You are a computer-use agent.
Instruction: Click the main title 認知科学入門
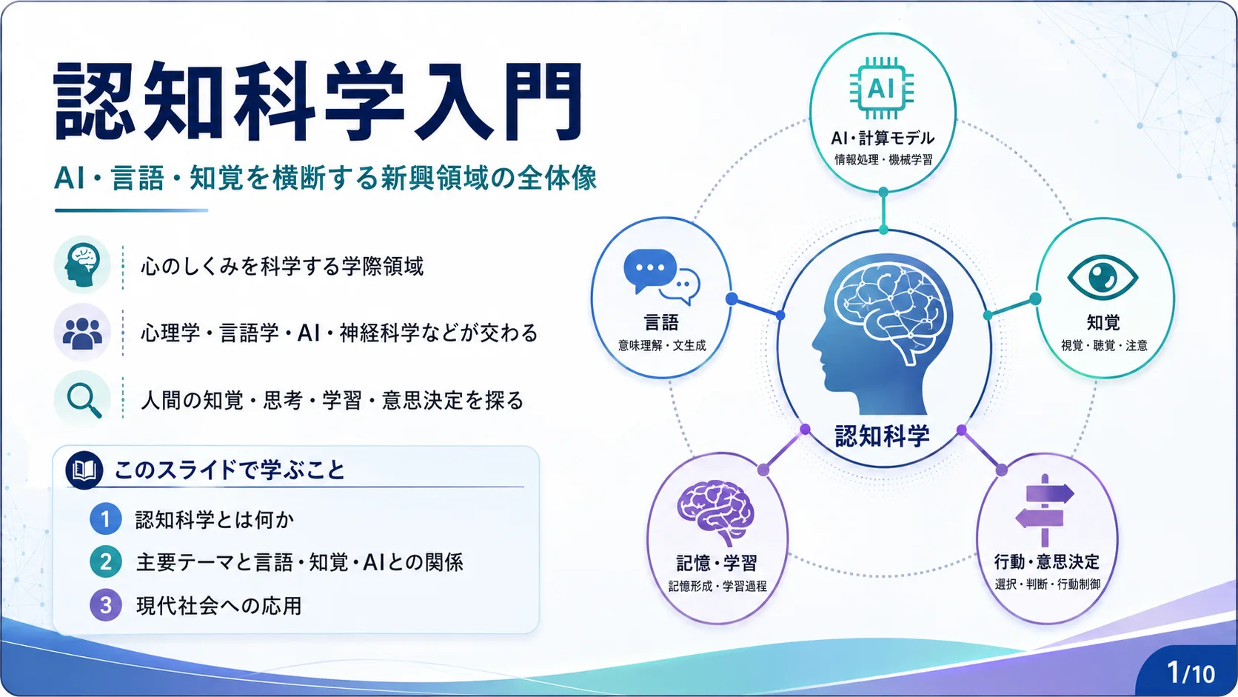coord(318,101)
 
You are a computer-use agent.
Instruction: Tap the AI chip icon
coord(882,88)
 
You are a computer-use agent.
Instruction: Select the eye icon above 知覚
coord(1103,278)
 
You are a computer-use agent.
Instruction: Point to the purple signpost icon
coord(1045,510)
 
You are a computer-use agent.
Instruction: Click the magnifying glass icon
coord(84,401)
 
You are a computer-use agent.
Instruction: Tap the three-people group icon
coord(82,333)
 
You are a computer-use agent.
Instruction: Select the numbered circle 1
coord(106,519)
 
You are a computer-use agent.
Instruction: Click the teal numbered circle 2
coord(106,562)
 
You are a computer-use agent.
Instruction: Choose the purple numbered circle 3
coord(106,605)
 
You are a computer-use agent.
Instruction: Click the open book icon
coord(84,470)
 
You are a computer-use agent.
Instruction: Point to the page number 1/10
coord(1191,673)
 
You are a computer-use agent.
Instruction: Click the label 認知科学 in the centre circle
coord(882,436)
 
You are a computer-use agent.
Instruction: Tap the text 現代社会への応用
coord(219,606)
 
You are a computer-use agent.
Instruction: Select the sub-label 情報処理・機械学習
coord(883,160)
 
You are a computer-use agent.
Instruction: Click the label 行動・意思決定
coord(1047,561)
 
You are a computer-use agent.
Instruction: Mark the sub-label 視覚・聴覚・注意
coord(1104,345)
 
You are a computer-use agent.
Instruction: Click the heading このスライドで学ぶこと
coord(230,470)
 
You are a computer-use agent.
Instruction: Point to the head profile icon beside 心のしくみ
coord(81,265)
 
